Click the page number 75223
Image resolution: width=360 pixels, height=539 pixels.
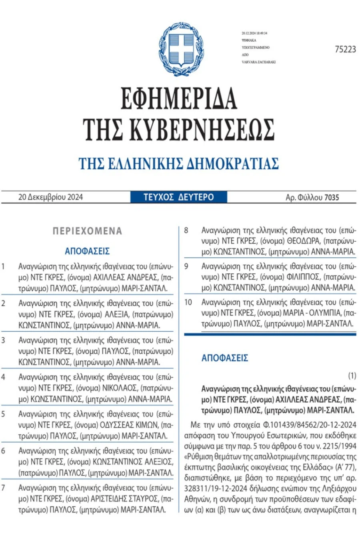[x=345, y=49]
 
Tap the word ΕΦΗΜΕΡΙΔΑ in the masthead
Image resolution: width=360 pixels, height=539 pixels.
[x=179, y=98]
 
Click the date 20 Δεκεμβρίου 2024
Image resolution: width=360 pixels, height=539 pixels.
[x=50, y=197]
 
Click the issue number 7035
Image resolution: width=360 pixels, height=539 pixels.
[x=332, y=197]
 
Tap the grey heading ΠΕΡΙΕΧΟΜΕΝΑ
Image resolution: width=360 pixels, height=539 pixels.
[x=87, y=231]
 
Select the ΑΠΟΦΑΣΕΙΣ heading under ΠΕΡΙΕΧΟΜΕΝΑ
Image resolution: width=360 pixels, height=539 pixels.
[x=87, y=251]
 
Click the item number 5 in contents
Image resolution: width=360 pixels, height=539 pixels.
[x=3, y=414]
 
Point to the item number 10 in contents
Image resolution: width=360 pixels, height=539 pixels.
[x=188, y=303]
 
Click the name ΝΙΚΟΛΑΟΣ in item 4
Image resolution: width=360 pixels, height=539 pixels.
[x=120, y=388]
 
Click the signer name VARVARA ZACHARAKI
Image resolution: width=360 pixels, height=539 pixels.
[x=258, y=62]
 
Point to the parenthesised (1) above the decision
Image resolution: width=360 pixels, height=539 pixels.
[x=352, y=375]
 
